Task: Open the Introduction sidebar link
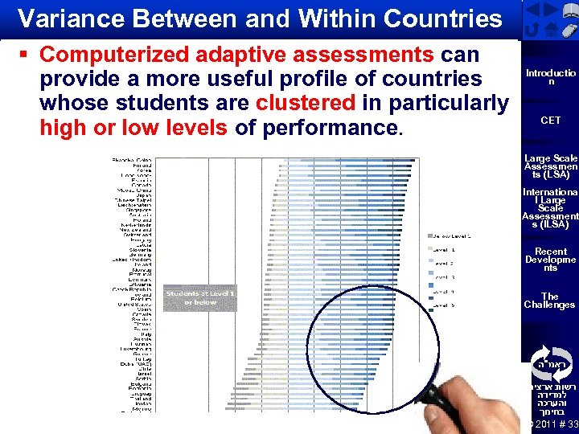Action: [550, 77]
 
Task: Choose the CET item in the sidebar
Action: [550, 121]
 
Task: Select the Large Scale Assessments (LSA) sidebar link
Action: [550, 166]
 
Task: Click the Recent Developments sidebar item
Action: [550, 260]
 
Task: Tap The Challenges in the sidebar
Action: [550, 301]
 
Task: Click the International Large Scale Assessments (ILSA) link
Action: [550, 208]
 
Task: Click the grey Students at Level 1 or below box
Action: [200, 297]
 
